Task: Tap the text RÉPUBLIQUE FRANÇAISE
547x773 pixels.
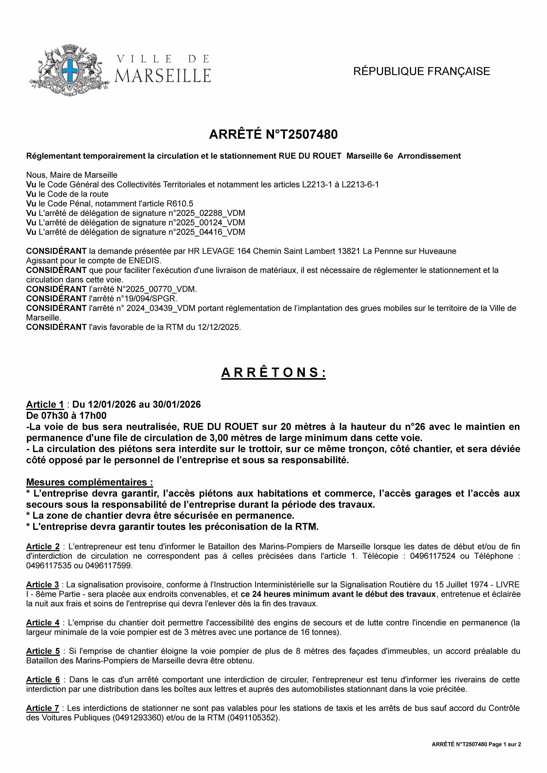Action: pyautogui.click(x=421, y=71)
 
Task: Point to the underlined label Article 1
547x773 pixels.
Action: pyautogui.click(x=45, y=404)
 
